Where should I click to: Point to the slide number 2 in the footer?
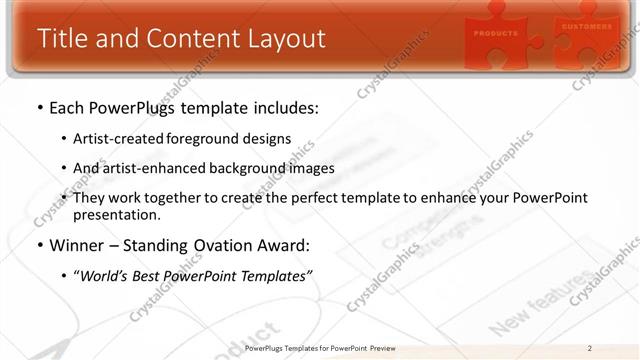pyautogui.click(x=589, y=348)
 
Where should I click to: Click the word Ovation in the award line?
pyautogui.click(x=226, y=244)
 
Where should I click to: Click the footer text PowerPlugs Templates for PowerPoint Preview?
pyautogui.click(x=319, y=348)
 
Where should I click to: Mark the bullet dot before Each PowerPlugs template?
pyautogui.click(x=39, y=106)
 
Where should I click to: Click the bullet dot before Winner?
pyautogui.click(x=39, y=245)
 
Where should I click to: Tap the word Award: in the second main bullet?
pyautogui.click(x=286, y=244)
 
